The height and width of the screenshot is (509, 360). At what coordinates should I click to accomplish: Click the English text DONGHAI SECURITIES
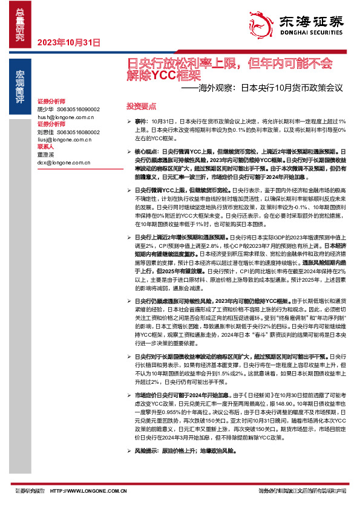312,34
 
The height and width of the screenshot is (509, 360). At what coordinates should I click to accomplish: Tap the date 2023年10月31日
68,42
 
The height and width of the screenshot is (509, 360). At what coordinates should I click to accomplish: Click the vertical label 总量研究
20,25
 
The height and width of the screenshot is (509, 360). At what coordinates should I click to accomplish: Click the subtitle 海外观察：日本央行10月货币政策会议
266,88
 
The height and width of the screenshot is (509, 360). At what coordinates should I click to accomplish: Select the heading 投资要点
137,105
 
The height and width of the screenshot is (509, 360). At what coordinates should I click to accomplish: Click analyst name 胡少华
45,109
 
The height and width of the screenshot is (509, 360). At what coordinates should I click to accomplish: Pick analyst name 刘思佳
45,131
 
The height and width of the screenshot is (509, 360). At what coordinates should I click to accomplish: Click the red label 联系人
46,146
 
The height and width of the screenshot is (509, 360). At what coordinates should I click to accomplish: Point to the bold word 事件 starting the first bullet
140,122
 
